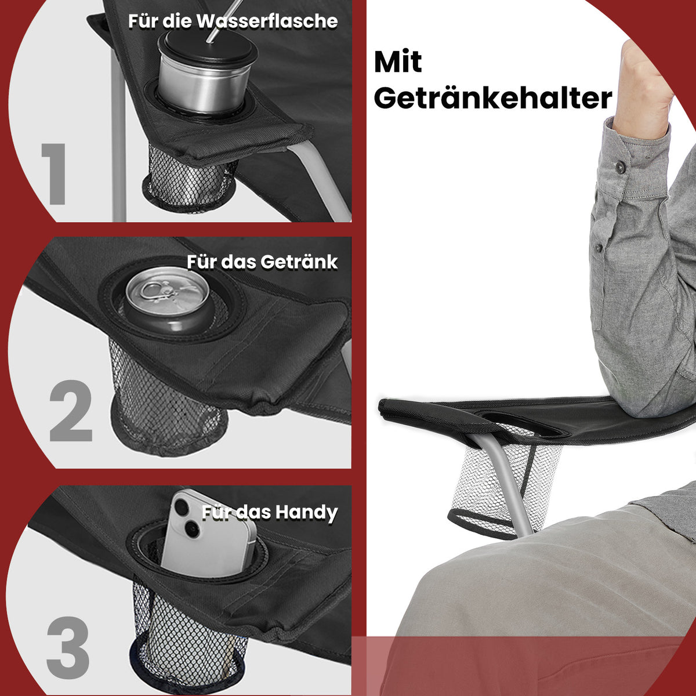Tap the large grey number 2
point(71,410)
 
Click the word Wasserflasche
point(267,21)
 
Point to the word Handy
point(306,513)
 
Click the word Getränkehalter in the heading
point(493,98)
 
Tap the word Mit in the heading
point(398,61)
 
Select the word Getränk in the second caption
point(299,262)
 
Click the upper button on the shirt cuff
point(621,166)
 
